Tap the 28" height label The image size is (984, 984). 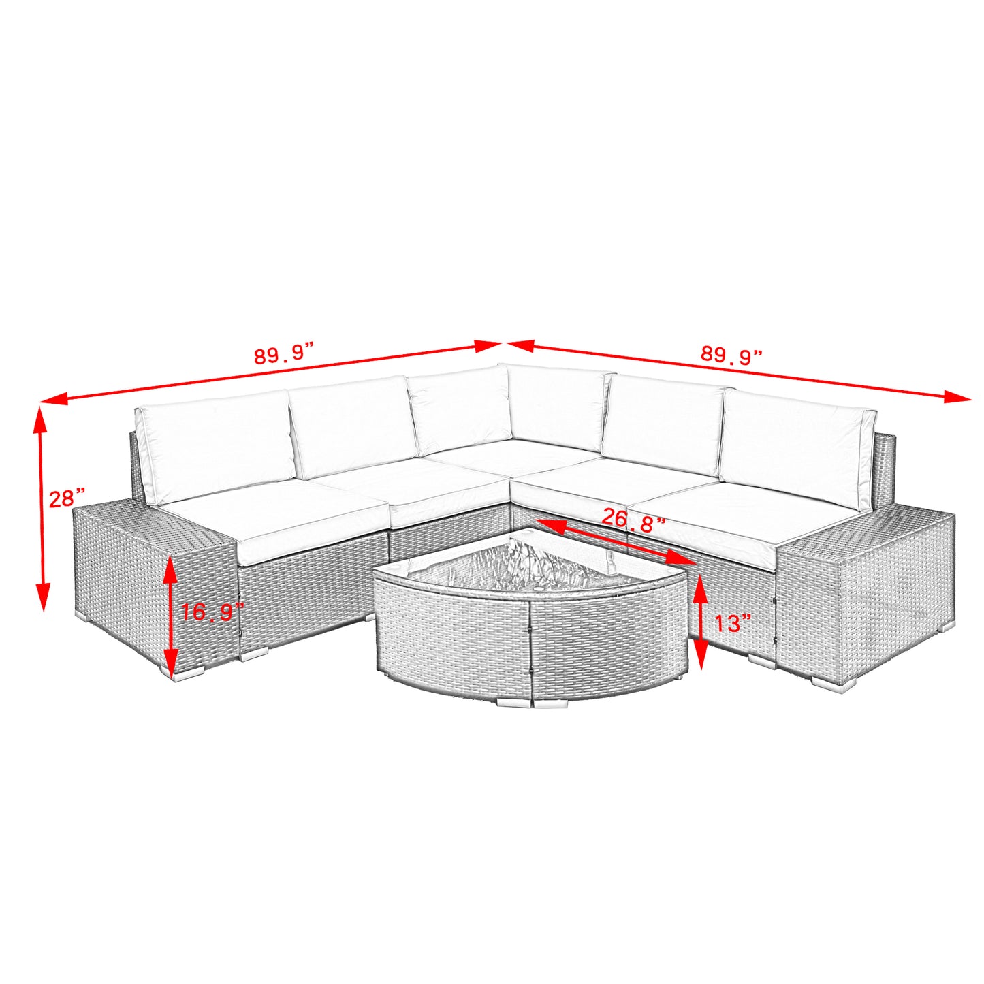pos(67,498)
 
